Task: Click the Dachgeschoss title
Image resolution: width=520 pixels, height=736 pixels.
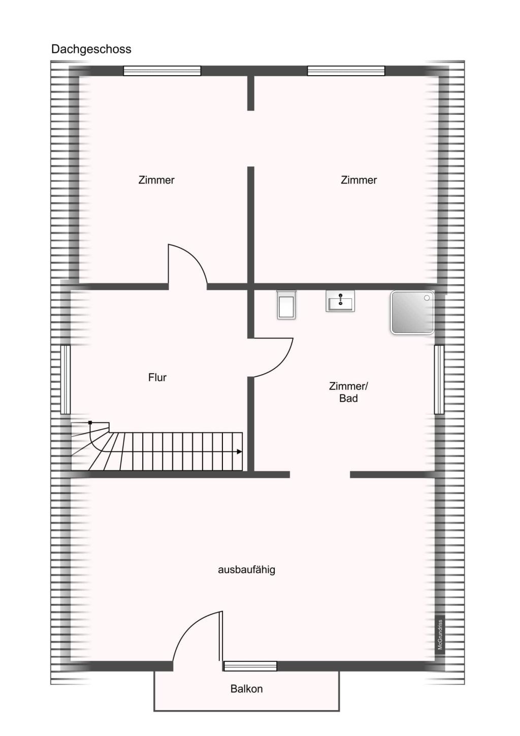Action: click(x=91, y=49)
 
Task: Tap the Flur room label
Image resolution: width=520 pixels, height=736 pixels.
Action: click(x=157, y=377)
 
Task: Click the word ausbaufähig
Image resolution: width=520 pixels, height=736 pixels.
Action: click(x=246, y=569)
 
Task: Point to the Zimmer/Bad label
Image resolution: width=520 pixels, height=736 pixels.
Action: click(x=349, y=392)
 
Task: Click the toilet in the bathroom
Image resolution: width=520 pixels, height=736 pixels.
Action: click(x=286, y=304)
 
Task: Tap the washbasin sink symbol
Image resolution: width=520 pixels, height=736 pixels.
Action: click(x=340, y=300)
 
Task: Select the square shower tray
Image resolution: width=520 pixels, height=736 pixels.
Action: click(x=412, y=313)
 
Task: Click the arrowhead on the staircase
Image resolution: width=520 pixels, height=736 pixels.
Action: click(x=239, y=452)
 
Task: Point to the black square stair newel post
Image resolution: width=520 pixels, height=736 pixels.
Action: click(x=90, y=422)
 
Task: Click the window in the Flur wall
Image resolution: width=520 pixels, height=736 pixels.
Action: click(x=66, y=379)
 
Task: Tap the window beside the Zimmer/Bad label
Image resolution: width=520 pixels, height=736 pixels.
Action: click(x=439, y=379)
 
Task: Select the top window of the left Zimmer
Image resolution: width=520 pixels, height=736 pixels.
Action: click(x=162, y=71)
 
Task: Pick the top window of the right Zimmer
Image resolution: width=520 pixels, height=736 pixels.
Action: click(x=346, y=71)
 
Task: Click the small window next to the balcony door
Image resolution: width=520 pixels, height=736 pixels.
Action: click(x=250, y=666)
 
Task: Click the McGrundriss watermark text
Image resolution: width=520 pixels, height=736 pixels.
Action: click(x=440, y=634)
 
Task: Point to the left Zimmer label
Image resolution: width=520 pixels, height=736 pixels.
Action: click(x=156, y=180)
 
